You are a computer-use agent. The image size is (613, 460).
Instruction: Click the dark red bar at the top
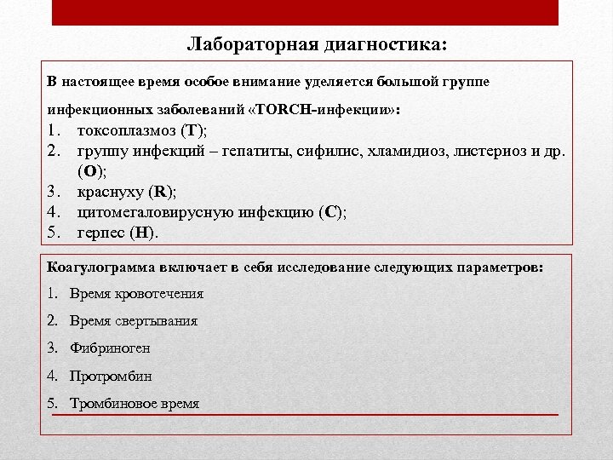306,12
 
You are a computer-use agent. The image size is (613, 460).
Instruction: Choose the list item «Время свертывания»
134,321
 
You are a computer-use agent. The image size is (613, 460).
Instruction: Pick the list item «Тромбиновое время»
135,403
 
